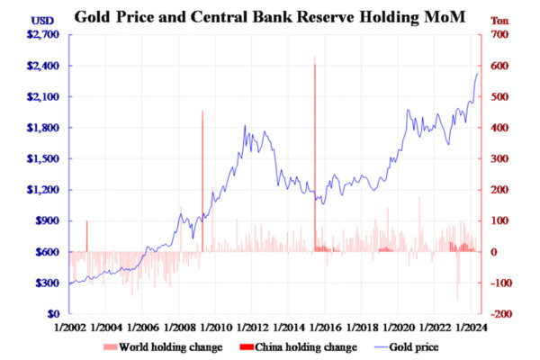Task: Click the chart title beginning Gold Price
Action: point(270,15)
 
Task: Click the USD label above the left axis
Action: point(41,20)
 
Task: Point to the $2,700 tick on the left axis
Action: point(42,34)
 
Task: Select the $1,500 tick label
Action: point(42,158)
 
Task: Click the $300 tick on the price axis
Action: point(46,283)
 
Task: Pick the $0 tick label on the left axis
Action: point(53,314)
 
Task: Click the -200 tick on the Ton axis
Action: point(502,314)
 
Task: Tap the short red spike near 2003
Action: point(86,235)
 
